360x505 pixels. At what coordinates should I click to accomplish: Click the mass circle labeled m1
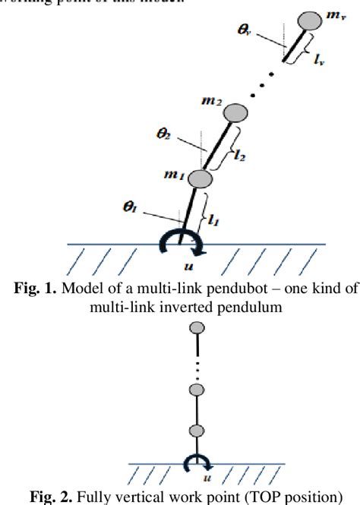[x=201, y=179]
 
